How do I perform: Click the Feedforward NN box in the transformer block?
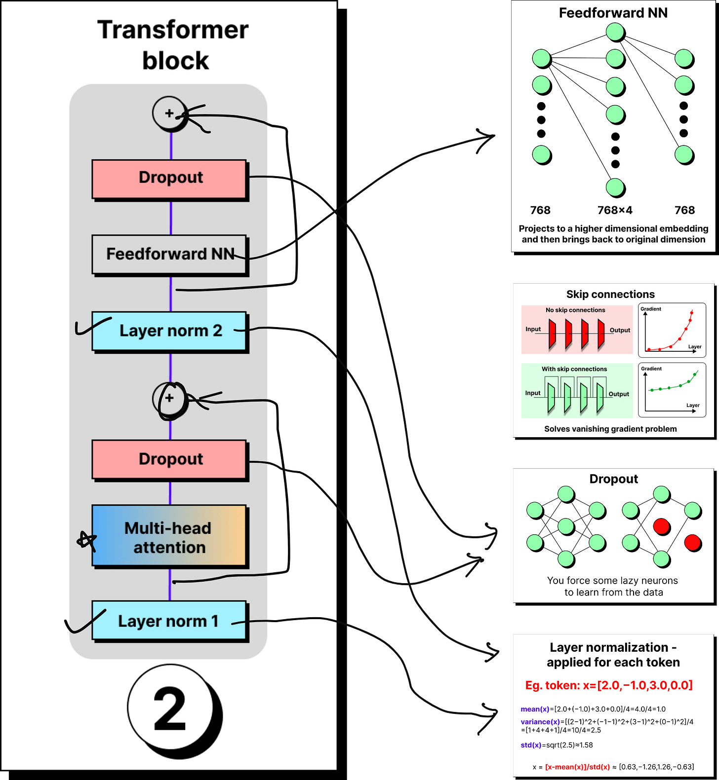(169, 254)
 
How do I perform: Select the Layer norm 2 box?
(169, 331)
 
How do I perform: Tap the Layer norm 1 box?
(169, 621)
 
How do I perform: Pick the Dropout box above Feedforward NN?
(169, 179)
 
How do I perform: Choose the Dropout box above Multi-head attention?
(169, 459)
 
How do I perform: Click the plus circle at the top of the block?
(169, 113)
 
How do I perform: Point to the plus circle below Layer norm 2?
(169, 398)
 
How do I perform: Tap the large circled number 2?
(171, 709)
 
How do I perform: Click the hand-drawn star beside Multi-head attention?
(86, 541)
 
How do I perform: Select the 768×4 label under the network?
(615, 210)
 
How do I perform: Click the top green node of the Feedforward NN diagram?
(615, 32)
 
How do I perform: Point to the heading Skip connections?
(610, 295)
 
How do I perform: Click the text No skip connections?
(575, 310)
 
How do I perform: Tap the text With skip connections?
(574, 369)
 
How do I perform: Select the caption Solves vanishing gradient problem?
(610, 429)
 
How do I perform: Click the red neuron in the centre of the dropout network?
(661, 526)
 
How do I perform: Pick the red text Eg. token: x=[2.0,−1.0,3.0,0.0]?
(609, 685)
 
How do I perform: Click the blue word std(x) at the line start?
(531, 745)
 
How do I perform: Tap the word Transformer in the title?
(173, 30)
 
